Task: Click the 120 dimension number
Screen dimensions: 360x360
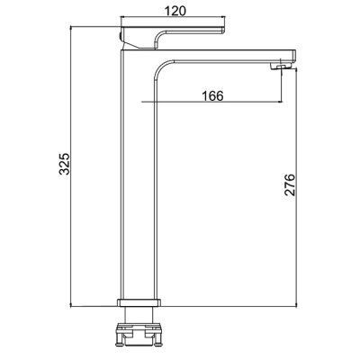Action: pyautogui.click(x=175, y=11)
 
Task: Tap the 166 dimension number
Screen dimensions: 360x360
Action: pyautogui.click(x=212, y=96)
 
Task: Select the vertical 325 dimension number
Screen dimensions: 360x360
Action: pyautogui.click(x=65, y=164)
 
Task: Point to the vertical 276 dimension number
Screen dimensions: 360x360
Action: pyautogui.click(x=290, y=184)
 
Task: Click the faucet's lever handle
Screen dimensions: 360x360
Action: pyautogui.click(x=172, y=37)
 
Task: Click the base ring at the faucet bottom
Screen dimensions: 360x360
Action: pyautogui.click(x=139, y=302)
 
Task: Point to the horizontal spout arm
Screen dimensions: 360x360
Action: pyautogui.click(x=225, y=56)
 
